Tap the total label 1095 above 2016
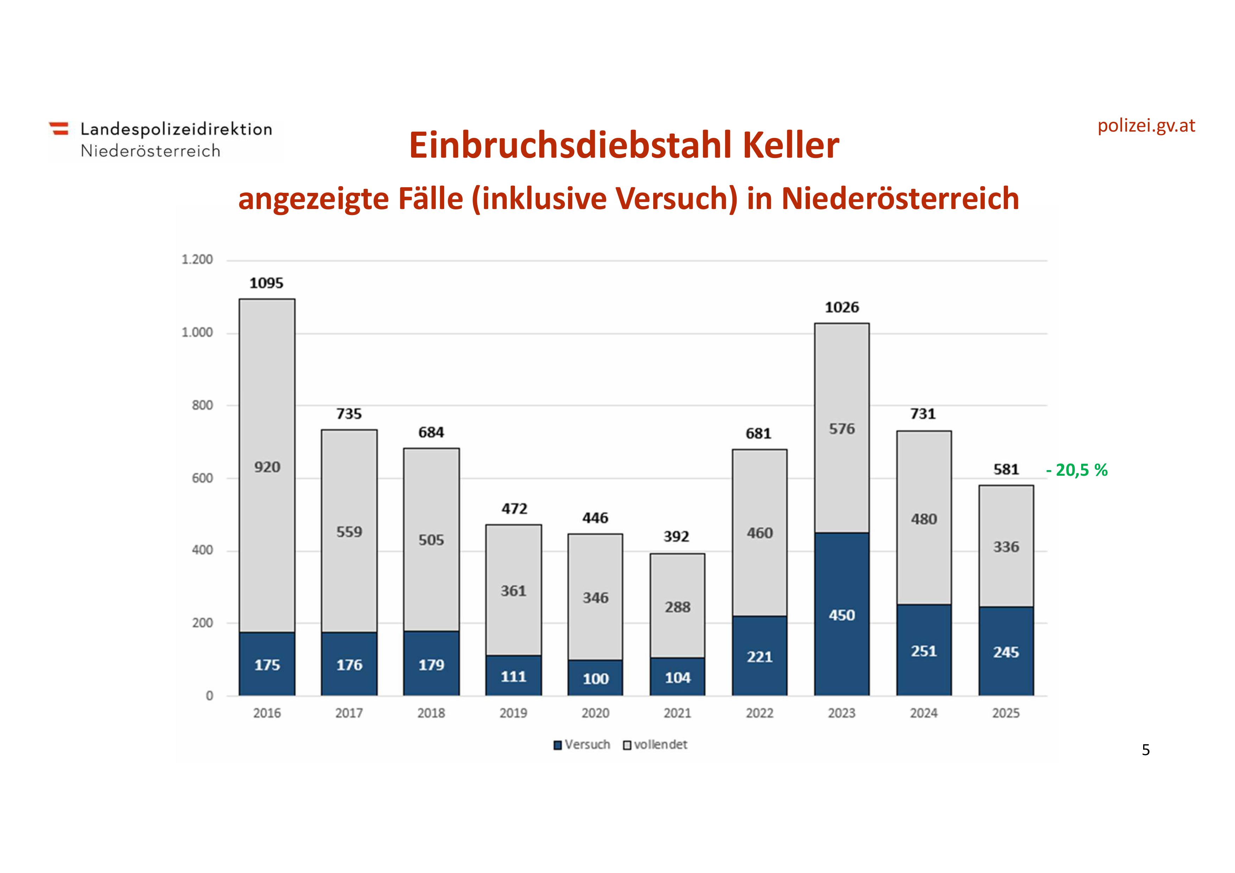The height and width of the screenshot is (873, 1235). click(266, 283)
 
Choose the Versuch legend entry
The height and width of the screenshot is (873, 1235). click(582, 745)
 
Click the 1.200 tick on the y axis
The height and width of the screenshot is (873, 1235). click(197, 260)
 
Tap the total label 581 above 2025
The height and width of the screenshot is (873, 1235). click(1006, 470)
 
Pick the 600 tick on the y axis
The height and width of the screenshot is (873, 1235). click(202, 478)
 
